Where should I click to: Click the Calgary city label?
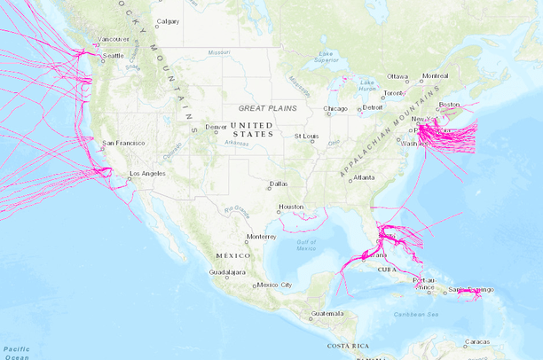click(x=168, y=21)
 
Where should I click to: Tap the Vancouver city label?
click(x=114, y=39)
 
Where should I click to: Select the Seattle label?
click(x=114, y=56)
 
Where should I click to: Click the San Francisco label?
click(x=123, y=143)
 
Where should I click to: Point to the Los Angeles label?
click(x=148, y=173)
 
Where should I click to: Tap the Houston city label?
click(x=291, y=207)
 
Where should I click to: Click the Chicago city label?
click(x=336, y=109)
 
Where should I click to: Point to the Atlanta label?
click(x=363, y=177)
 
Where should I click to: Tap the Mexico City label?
click(x=274, y=285)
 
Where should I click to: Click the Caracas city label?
click(x=478, y=341)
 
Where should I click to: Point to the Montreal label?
click(x=436, y=75)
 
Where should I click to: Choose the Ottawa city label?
click(x=397, y=75)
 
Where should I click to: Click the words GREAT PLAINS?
click(x=264, y=107)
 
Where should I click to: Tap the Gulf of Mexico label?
click(x=306, y=245)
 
